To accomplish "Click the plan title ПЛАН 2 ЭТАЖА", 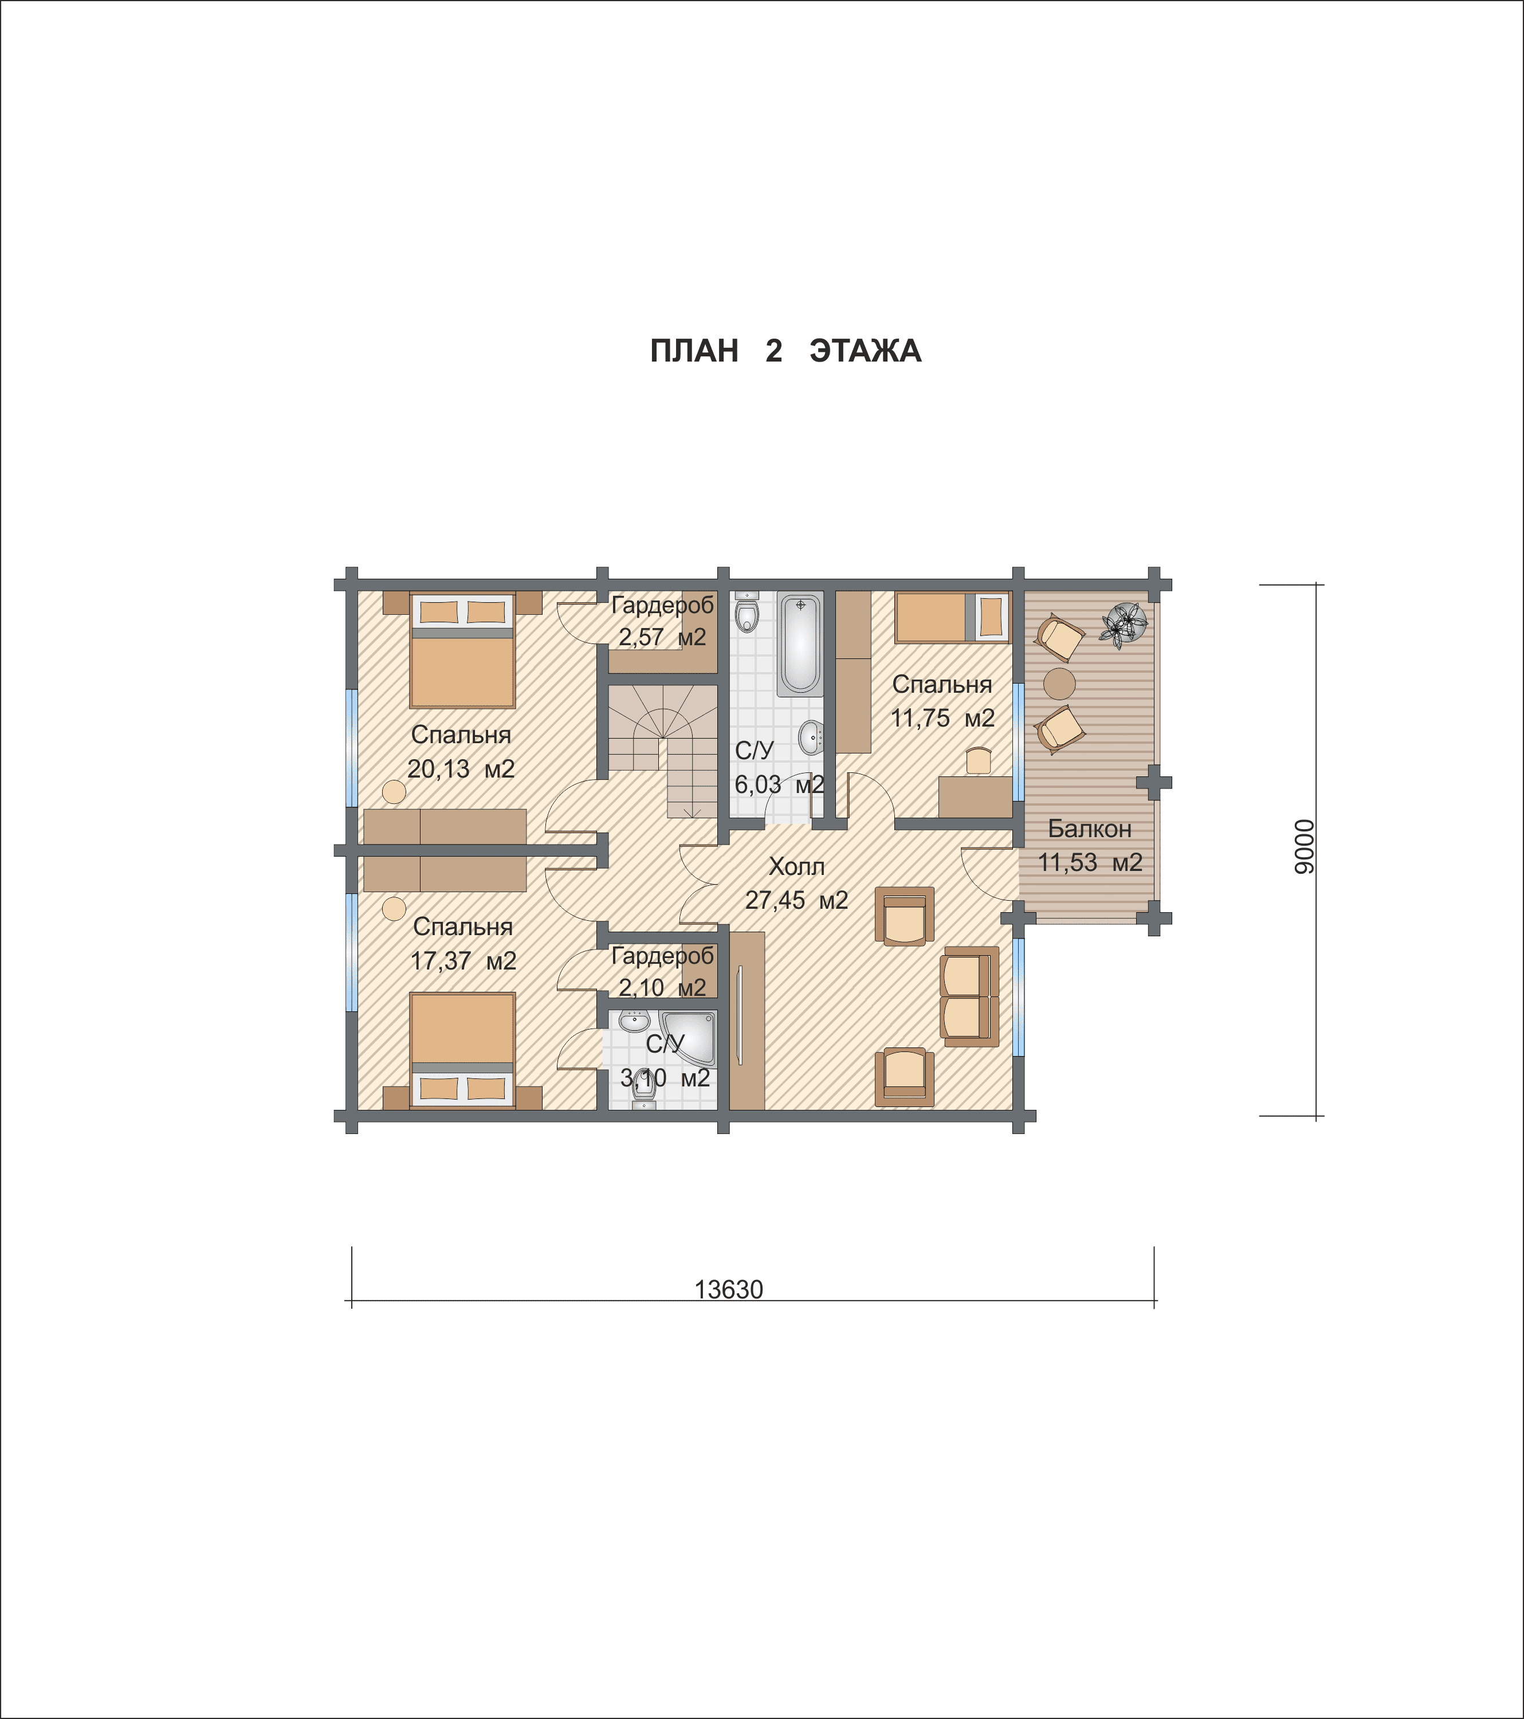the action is pos(785,351).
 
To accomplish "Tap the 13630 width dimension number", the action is pos(728,1290).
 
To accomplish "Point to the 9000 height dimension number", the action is pos(1303,847).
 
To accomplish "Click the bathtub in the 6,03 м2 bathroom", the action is pos(800,644).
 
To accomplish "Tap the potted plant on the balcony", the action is pos(1124,625).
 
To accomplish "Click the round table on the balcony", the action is pos(1059,684).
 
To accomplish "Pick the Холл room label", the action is pos(796,866).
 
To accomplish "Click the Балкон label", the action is pos(1089,829).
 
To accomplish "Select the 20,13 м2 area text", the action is pos(461,768).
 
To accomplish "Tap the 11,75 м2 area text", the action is pos(943,718).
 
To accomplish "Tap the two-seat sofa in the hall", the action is pos(970,996).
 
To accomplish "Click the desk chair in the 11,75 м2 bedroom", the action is pos(978,761).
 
